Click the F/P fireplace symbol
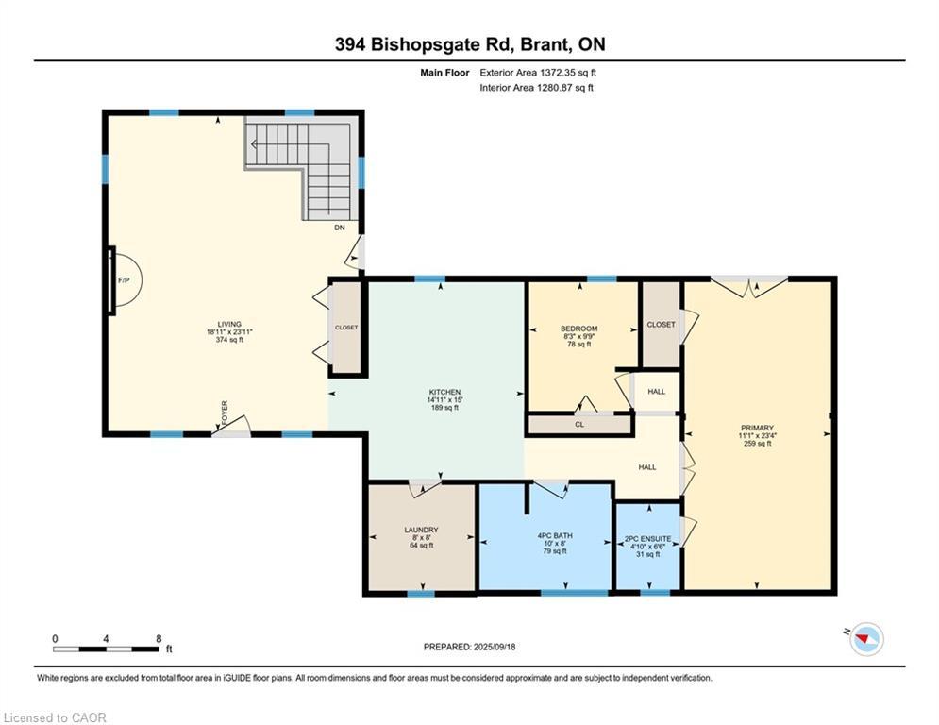click(x=124, y=279)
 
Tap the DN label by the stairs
click(x=340, y=228)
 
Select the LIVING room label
click(x=229, y=324)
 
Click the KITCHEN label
click(x=444, y=392)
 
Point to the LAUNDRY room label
click(x=421, y=530)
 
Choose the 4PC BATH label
click(x=555, y=535)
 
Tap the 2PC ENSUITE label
click(x=648, y=539)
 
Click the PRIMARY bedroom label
click(x=757, y=428)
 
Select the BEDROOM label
click(x=579, y=329)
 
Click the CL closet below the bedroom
click(x=579, y=424)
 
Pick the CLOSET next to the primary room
click(x=662, y=324)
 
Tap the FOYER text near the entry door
click(x=225, y=413)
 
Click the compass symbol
click(x=866, y=639)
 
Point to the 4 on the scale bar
click(x=106, y=639)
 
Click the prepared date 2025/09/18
click(x=495, y=647)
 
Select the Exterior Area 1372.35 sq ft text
click(x=538, y=73)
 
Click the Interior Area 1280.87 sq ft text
click(x=537, y=88)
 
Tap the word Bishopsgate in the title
click(x=434, y=44)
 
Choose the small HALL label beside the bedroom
click(x=656, y=391)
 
